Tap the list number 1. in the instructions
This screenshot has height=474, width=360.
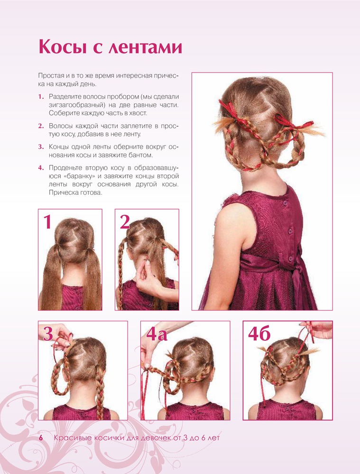point(41,97)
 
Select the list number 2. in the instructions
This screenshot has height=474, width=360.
point(41,126)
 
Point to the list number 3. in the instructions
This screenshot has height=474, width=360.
point(41,147)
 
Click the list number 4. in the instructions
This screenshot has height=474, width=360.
point(41,168)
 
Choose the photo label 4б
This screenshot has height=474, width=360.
point(259,333)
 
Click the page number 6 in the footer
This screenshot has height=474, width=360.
point(41,438)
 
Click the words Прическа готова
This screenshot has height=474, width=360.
point(75,193)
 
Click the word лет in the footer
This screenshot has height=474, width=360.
point(214,438)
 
